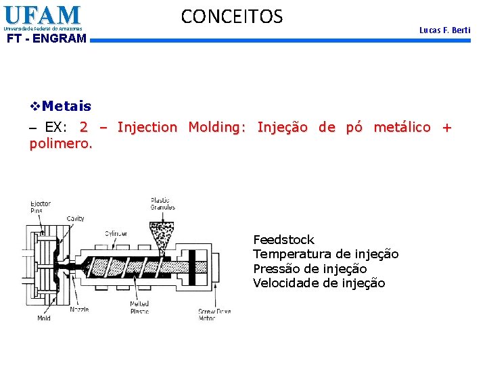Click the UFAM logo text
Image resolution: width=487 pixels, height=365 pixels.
41,15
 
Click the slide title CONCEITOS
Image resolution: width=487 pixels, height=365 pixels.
232,16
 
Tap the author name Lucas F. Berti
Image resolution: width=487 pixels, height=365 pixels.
444,30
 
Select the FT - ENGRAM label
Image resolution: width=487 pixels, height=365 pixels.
47,39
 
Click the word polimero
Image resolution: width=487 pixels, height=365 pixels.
60,143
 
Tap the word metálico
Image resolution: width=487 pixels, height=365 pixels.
402,127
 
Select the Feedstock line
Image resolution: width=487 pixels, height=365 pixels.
283,240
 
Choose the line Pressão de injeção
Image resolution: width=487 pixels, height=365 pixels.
310,268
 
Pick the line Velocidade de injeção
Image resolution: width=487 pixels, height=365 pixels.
319,283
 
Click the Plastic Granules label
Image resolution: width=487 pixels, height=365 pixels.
162,203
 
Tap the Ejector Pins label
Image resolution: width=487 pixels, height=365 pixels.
40,207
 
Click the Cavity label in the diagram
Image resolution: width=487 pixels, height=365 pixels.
75,218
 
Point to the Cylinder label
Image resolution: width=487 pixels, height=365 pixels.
116,234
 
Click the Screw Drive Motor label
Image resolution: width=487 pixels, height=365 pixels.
214,314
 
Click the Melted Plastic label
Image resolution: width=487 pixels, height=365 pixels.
139,307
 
